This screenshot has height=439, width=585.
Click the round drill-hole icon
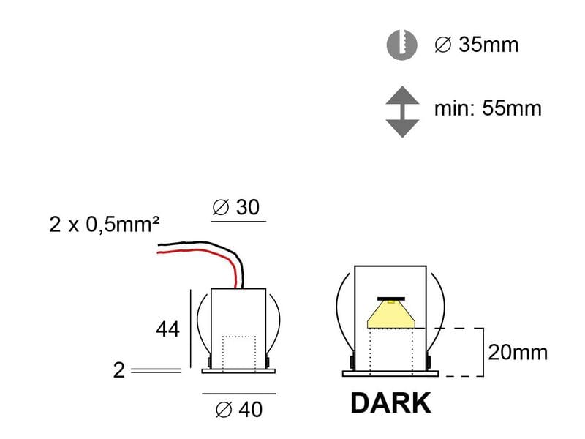[401, 45]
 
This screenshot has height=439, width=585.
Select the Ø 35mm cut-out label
[476, 45]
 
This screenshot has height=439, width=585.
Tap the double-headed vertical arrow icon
[401, 111]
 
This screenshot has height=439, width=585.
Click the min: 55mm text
[488, 109]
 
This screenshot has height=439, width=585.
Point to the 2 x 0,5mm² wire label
[105, 224]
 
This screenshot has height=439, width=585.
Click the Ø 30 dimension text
[236, 208]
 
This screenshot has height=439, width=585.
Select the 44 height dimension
[167, 329]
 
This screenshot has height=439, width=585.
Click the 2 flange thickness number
[119, 370]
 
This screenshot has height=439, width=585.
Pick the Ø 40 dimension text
[238, 410]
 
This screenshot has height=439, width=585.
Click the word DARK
[390, 403]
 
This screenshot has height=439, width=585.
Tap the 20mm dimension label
[518, 353]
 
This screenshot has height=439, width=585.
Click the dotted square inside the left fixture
[238, 351]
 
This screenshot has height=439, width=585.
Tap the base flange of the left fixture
[238, 370]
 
